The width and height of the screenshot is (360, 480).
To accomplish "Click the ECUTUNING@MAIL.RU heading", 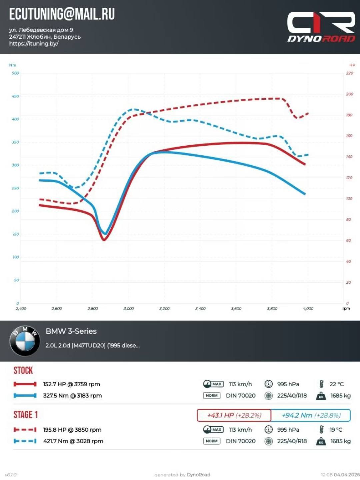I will click(x=62, y=14).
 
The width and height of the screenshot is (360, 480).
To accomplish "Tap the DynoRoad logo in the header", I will click(x=321, y=27).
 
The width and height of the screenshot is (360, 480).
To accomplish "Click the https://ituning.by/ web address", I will click(x=34, y=44).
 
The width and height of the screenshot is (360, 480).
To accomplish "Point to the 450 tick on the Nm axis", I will click(x=15, y=96).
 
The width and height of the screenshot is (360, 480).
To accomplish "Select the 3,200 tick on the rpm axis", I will click(x=164, y=309).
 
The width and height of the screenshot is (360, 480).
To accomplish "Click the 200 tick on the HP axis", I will click(x=349, y=94).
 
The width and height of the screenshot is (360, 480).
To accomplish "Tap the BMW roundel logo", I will click(x=25, y=341).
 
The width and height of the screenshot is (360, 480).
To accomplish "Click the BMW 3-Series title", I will click(x=71, y=331).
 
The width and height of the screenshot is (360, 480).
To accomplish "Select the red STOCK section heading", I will click(x=23, y=371).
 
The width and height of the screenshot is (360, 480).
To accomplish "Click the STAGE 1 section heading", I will click(x=26, y=415).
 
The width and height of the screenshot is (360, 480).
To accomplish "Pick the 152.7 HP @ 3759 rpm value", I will click(x=71, y=384).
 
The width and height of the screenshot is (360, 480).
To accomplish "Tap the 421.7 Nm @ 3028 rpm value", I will click(x=73, y=441).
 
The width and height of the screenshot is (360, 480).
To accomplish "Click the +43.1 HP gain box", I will click(x=234, y=415).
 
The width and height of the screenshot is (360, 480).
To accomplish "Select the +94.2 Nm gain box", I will click(x=311, y=415).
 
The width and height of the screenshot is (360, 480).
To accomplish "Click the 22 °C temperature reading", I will click(x=336, y=384).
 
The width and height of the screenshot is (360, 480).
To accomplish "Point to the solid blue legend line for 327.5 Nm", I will click(x=25, y=396).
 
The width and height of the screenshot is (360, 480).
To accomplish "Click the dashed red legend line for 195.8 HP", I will click(x=25, y=430).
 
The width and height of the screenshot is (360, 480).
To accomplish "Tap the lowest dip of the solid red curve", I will click(x=104, y=239).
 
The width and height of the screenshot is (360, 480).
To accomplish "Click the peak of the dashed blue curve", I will click(x=134, y=109).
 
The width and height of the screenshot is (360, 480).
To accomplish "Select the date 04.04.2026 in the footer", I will click(x=347, y=475).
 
